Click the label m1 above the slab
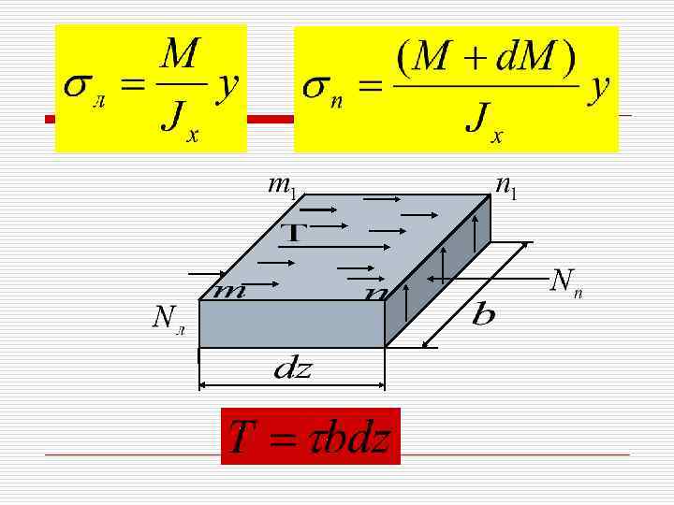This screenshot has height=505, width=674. [281, 186]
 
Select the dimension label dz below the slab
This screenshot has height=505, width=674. [293, 368]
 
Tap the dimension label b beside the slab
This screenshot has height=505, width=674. [483, 314]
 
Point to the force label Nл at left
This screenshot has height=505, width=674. [168, 321]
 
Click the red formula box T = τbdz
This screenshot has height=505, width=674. [310, 437]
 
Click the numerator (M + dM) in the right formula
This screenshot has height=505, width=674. [486, 58]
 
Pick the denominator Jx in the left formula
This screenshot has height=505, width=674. [178, 122]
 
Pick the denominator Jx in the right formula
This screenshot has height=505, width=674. [483, 122]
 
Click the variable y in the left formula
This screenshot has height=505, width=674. [227, 87]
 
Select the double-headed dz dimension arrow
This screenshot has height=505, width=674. [292, 383]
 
